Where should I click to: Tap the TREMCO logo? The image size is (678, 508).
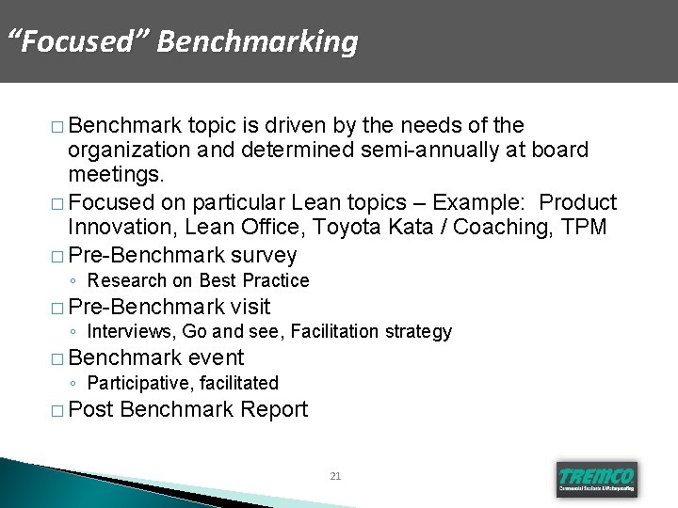596,478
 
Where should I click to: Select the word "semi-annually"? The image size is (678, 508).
396,151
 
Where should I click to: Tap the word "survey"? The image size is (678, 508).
265,254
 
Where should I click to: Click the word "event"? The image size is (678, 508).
216,357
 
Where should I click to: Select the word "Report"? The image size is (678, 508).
274,409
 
